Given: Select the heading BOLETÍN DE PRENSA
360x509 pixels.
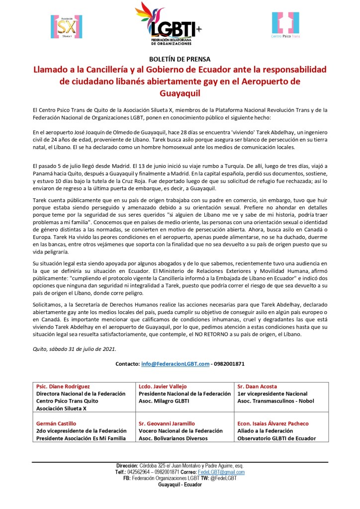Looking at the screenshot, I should click(180, 59).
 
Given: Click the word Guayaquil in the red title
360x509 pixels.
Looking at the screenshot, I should click(180, 92).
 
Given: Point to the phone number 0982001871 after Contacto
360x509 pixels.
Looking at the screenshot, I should click(229, 363).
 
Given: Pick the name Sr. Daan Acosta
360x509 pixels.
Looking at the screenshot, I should click(257, 386).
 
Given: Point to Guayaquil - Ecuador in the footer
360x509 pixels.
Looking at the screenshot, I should click(180, 484).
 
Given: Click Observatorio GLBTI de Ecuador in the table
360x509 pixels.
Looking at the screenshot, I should click(277, 438).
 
